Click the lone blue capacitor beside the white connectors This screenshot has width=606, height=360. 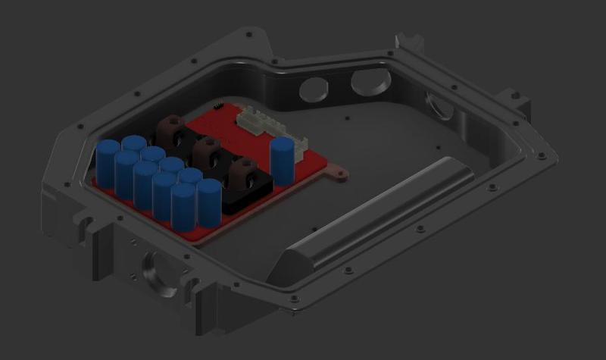click(x=282, y=160)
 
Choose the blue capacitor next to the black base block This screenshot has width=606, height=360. click(x=208, y=202)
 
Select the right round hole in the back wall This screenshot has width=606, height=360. click(x=369, y=80)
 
